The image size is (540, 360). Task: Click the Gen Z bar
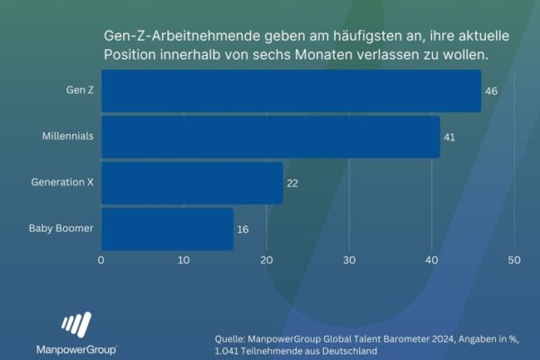click(x=291, y=91)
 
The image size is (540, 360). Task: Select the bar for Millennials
click(x=270, y=137)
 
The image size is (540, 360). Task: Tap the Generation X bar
click(x=192, y=183)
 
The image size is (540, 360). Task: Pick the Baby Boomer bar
click(x=167, y=229)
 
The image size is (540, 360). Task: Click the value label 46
click(x=491, y=92)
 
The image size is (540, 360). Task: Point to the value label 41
click(x=450, y=138)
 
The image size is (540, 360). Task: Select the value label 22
click(x=292, y=184)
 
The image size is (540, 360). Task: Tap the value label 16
click(x=243, y=229)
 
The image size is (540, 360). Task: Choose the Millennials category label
click(x=67, y=137)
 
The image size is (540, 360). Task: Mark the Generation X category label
click(x=62, y=183)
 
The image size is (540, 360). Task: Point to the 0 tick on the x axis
click(x=101, y=261)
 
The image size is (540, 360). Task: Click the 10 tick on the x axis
click(x=184, y=261)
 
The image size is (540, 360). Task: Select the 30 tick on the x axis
click(x=349, y=261)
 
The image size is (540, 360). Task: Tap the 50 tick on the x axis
click(x=514, y=261)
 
